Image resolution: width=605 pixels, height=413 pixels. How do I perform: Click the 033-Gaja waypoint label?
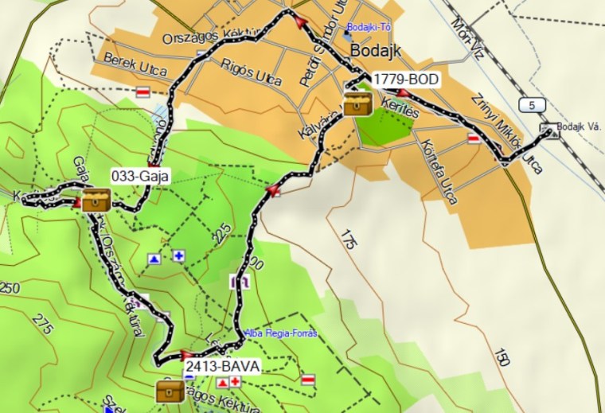pos(139,177)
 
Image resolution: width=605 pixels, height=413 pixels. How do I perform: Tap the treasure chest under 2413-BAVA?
pos(170,391)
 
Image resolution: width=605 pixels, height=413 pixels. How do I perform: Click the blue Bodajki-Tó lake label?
pos(365,27)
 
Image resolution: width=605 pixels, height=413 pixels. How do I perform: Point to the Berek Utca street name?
pos(135,65)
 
